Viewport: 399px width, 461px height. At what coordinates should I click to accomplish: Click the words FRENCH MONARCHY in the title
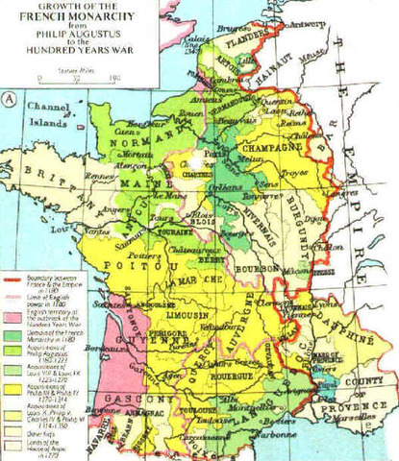68,18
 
